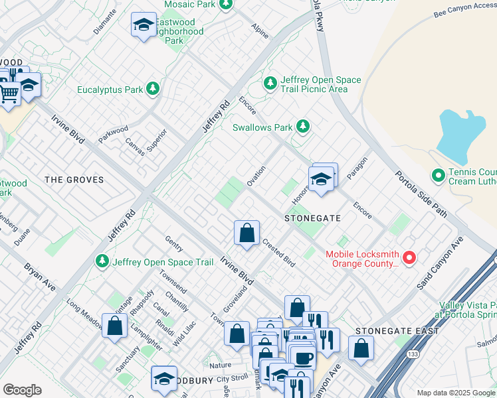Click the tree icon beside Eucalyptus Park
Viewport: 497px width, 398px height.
[x=153, y=88]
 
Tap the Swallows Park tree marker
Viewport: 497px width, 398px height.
[x=303, y=126]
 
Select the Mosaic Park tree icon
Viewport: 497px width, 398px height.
[x=226, y=4]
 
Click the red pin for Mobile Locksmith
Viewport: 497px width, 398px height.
[x=409, y=257]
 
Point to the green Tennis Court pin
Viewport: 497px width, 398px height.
[x=438, y=175]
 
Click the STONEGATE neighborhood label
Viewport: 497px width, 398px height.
[x=312, y=218]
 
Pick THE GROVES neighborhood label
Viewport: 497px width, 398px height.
[x=74, y=180]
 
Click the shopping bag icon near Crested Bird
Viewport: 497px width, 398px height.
[x=247, y=233]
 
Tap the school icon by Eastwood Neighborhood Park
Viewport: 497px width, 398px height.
[x=143, y=25]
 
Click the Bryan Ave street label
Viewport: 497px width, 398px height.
[x=39, y=276]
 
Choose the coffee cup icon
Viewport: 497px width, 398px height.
[x=304, y=358]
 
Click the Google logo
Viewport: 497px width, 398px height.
[x=22, y=390]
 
